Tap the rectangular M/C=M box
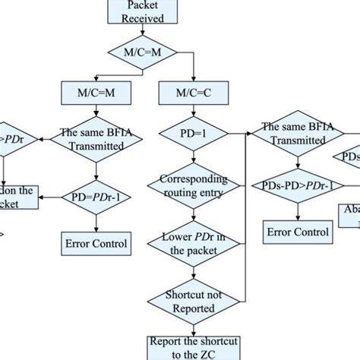tap(94, 93)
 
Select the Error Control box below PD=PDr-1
tap(94, 244)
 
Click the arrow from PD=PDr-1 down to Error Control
tap(94, 222)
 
